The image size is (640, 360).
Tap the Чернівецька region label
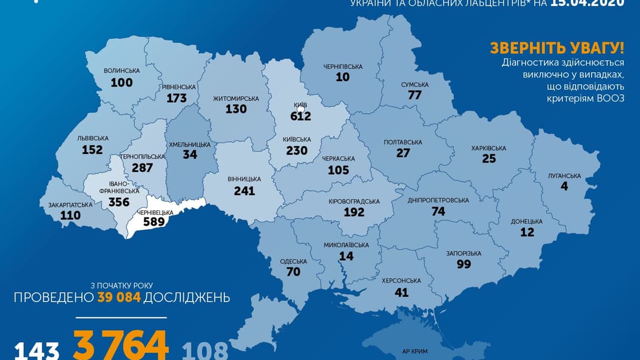click(153, 213)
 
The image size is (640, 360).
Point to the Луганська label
click(564, 176)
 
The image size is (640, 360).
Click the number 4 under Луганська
click(564, 187)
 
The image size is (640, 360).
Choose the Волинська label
click(122, 70)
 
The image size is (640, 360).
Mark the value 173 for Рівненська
click(177, 98)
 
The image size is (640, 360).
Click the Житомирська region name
click(236, 99)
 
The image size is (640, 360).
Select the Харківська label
click(488, 148)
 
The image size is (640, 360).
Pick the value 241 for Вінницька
click(244, 191)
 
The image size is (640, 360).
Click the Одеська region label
click(293, 261)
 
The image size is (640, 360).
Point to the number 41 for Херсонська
click(401, 293)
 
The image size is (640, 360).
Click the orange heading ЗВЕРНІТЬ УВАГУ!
click(556, 48)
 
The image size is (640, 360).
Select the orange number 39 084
click(119, 297)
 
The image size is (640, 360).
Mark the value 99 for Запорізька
click(463, 264)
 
